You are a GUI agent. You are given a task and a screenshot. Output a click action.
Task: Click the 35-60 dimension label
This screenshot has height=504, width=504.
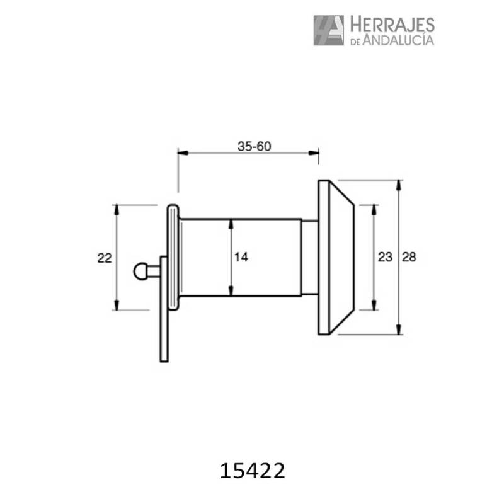[254, 146]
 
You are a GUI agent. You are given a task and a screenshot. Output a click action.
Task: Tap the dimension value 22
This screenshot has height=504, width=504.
[105, 258]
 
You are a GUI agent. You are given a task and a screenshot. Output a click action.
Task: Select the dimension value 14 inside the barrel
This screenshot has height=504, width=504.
[241, 257]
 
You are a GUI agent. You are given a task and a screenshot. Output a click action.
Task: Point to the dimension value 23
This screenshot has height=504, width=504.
[384, 257]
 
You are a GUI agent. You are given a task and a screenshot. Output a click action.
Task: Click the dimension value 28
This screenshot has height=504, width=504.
[409, 257]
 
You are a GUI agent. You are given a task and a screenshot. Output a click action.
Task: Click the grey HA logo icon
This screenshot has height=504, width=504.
[328, 30]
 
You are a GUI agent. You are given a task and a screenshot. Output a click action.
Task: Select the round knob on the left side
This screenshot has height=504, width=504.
[140, 272]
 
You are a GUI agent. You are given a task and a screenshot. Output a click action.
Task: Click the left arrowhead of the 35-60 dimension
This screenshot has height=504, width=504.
[181, 152]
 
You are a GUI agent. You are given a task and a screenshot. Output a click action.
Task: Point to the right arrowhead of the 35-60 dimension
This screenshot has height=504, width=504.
[314, 152]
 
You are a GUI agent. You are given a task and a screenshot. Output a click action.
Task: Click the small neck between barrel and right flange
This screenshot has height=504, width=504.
[309, 257]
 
